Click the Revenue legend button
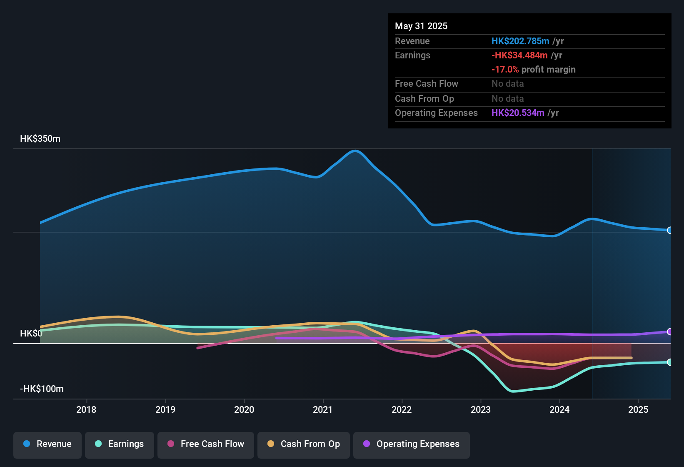point(47,444)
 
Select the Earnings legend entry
point(120,444)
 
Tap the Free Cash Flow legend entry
point(206,444)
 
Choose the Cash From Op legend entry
point(304,444)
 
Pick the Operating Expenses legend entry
point(412,444)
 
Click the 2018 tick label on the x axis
point(86,409)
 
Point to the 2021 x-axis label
point(323,409)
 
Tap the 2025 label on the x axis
point(638,409)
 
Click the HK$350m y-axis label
point(40,139)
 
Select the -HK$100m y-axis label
point(42,389)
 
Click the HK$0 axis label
point(31,334)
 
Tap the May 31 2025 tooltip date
point(421,26)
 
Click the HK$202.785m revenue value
point(520,41)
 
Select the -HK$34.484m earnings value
point(519,55)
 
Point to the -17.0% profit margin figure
point(505,70)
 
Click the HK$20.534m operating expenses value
point(518,113)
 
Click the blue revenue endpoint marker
point(669,230)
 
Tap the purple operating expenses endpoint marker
point(669,331)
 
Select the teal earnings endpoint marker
point(669,362)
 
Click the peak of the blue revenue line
point(355,151)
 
